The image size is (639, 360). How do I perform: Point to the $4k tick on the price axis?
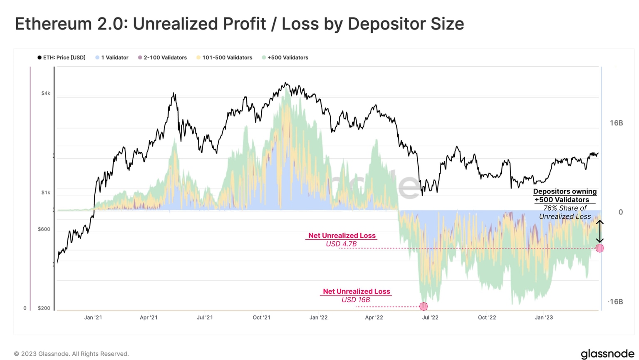coord(46,93)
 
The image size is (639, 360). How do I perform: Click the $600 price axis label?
coord(44,229)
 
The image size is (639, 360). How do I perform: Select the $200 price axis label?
coord(44,308)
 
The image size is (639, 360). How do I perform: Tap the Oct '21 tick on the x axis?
coord(262,318)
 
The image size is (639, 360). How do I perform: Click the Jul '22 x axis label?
coord(430,318)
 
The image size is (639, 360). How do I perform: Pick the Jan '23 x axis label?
coord(544,318)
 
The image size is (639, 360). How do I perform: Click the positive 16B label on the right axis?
coord(616,123)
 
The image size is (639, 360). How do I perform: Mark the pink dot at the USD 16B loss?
coord(424,306)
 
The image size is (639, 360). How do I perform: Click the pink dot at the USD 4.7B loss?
coord(599,248)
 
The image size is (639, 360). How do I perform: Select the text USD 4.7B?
coord(341,244)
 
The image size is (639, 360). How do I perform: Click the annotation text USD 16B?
coord(356,300)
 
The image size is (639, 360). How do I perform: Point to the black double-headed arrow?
coord(599,231)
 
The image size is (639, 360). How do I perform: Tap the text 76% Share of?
coord(565,208)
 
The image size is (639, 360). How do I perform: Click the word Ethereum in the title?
coord(53,24)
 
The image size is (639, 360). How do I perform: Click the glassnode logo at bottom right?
coord(607,353)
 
